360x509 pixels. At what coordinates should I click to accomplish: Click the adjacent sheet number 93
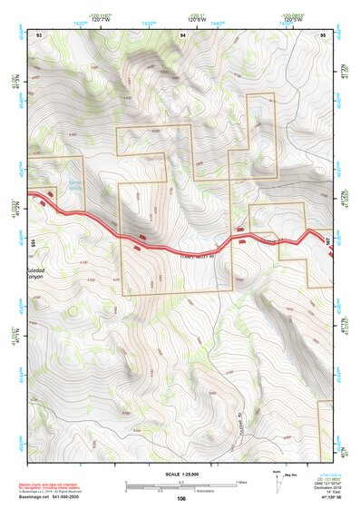(x=38, y=34)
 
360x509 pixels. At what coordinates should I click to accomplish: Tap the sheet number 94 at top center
(x=182, y=34)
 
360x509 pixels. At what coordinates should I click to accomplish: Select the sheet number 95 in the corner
(x=324, y=34)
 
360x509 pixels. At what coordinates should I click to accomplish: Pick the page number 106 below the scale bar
(x=181, y=499)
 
